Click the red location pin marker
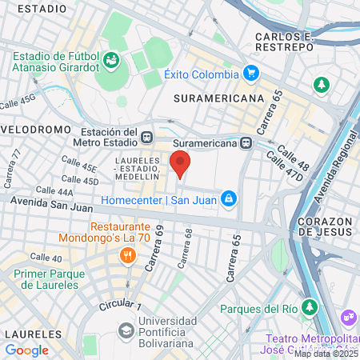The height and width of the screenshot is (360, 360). tap(181, 162)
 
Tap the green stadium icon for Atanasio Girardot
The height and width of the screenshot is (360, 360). tap(111, 60)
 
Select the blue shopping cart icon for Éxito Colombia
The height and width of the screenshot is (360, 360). tap(251, 74)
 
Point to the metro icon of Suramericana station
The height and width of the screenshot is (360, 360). tap(246, 143)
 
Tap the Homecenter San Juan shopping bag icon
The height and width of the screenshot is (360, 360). tap(228, 197)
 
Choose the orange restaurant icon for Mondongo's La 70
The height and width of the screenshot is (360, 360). tap(126, 256)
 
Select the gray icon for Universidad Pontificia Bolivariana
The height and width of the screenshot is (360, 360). tap(126, 330)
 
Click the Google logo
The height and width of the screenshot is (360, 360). tap(26, 350)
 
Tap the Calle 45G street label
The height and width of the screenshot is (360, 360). tap(18, 102)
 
